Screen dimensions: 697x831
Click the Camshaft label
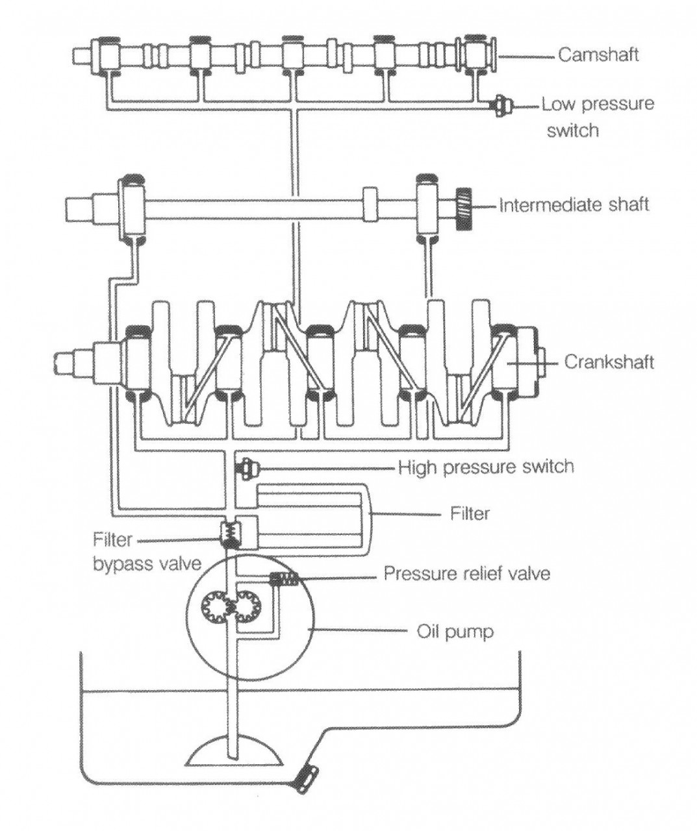point(598,55)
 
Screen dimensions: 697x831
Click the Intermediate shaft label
point(574,205)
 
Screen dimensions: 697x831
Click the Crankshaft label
point(609,362)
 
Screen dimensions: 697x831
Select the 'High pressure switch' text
point(487,466)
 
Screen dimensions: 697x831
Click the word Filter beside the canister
point(470,514)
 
